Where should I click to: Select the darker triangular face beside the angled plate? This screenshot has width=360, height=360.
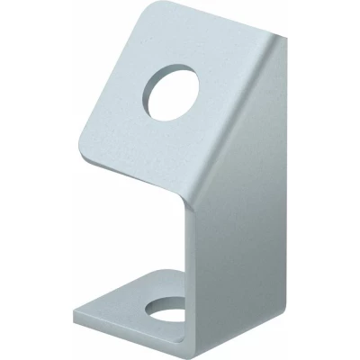point(261,135)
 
